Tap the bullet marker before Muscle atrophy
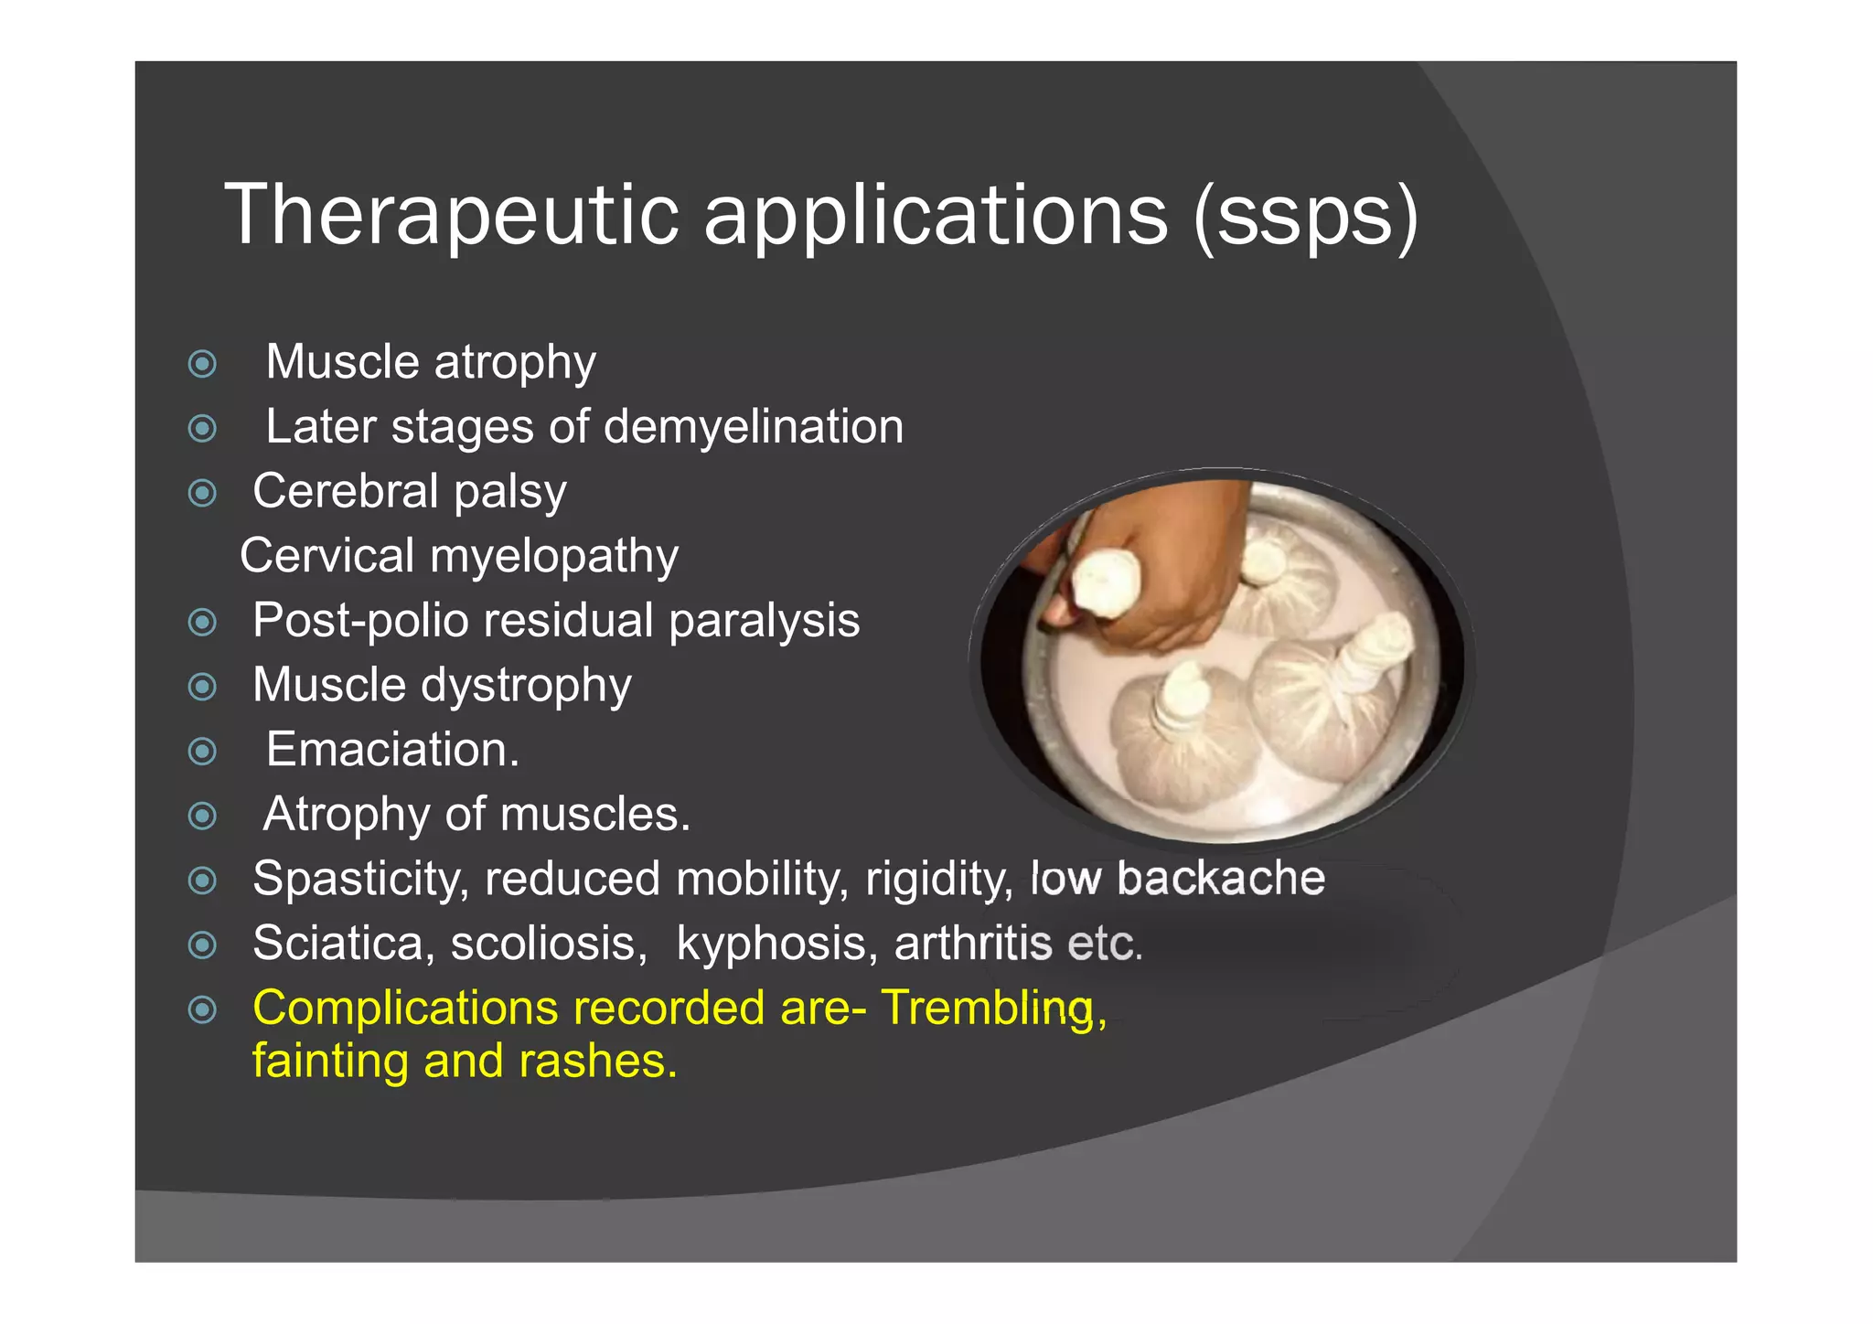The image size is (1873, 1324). (x=202, y=364)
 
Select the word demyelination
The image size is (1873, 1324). (x=754, y=427)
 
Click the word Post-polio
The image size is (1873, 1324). (x=360, y=621)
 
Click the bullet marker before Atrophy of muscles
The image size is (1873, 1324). (x=202, y=816)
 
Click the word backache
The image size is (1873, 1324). (x=1220, y=879)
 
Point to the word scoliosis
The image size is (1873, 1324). (x=549, y=944)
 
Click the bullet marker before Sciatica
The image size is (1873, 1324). (x=202, y=945)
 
